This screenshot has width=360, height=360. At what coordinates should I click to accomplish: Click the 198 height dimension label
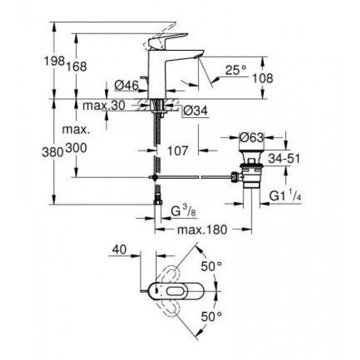pyautogui.click(x=54, y=61)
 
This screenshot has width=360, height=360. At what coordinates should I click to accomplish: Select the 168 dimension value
pyautogui.click(x=76, y=67)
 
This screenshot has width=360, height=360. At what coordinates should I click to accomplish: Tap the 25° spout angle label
pyautogui.click(x=235, y=70)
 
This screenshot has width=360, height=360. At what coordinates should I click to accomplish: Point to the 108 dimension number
pyautogui.click(x=263, y=78)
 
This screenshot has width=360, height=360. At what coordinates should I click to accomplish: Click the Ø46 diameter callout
pyautogui.click(x=126, y=86)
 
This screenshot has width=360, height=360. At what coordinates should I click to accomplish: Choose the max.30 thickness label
pyautogui.click(x=104, y=106)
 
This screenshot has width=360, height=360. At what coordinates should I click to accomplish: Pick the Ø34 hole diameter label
pyautogui.click(x=196, y=111)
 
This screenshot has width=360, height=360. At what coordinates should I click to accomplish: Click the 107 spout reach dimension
pyautogui.click(x=178, y=151)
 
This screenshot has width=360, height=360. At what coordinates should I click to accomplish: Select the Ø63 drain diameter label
pyautogui.click(x=252, y=138)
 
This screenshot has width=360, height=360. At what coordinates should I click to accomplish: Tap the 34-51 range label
pyautogui.click(x=284, y=158)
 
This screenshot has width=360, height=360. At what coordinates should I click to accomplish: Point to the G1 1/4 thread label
pyautogui.click(x=285, y=196)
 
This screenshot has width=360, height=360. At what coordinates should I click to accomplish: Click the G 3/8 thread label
pyautogui.click(x=184, y=212)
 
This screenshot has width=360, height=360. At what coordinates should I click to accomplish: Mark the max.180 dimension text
pyautogui.click(x=202, y=229)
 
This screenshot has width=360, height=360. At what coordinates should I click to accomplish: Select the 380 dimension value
pyautogui.click(x=53, y=152)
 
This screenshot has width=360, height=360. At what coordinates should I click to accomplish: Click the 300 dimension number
pyautogui.click(x=76, y=148)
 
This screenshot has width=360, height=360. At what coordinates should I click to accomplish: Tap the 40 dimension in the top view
pyautogui.click(x=119, y=250)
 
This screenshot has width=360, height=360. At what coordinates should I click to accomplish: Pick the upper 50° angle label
pyautogui.click(x=211, y=266)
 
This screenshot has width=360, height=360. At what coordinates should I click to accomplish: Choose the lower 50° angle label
pyautogui.click(x=211, y=317)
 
